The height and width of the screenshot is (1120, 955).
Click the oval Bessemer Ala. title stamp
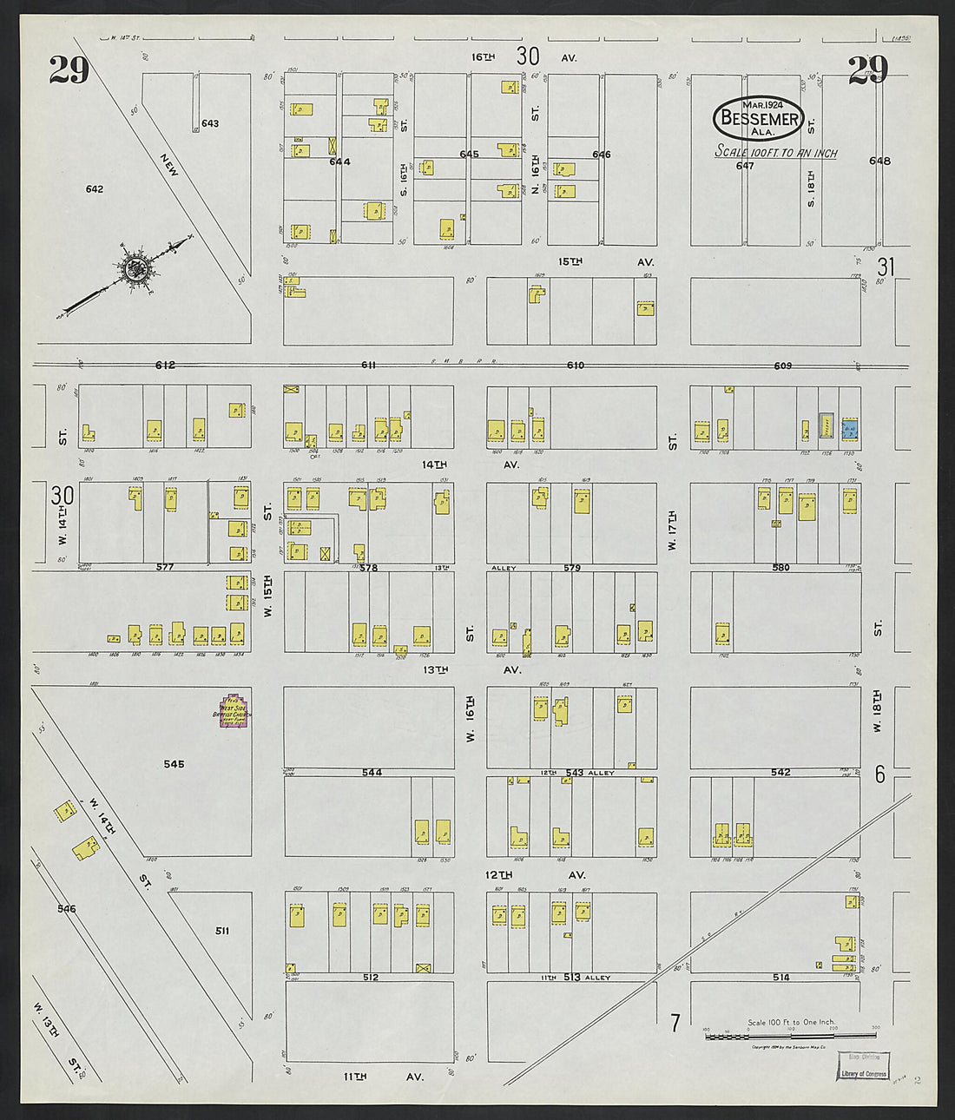coord(759,117)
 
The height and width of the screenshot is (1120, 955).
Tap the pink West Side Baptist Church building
coord(233,710)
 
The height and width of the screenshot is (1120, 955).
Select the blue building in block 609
coord(850,427)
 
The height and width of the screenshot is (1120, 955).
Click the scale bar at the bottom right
coord(790,1035)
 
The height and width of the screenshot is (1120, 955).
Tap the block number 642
coord(95,188)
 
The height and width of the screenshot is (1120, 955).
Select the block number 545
coord(174,764)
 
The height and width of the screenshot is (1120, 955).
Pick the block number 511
coord(222,931)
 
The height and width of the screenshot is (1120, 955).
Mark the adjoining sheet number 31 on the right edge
coord(886,266)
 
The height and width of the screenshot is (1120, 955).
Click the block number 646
coord(601,155)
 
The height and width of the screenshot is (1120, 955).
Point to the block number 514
coord(780,978)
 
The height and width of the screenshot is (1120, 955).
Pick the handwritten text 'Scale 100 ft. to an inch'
coord(775,153)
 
